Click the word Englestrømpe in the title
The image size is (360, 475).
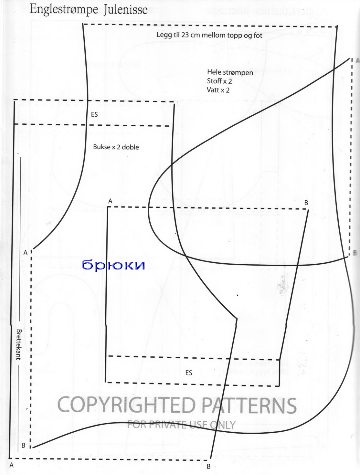click(x=64, y=9)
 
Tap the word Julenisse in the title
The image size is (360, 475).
click(x=125, y=10)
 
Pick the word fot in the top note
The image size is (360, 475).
click(x=258, y=35)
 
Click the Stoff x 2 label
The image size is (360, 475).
click(x=219, y=81)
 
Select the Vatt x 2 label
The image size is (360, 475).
click(x=218, y=90)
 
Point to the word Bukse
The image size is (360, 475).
click(x=102, y=147)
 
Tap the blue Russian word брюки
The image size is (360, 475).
click(x=113, y=265)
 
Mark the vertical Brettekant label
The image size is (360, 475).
click(x=19, y=344)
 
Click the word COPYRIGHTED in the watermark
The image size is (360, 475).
click(x=127, y=405)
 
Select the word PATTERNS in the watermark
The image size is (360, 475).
click(x=249, y=406)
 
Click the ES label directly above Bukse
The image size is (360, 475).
click(x=94, y=114)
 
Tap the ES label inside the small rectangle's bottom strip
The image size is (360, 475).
click(x=189, y=373)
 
